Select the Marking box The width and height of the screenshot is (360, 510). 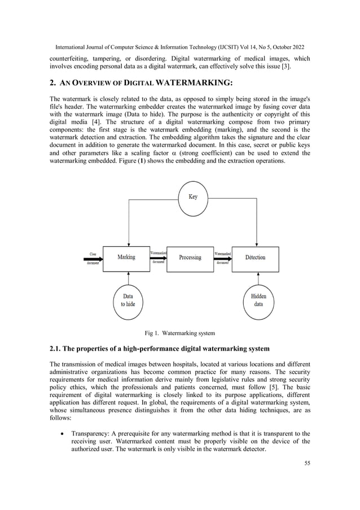click(126, 258)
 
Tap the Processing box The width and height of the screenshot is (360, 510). click(190, 258)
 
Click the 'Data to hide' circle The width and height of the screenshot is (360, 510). click(128, 299)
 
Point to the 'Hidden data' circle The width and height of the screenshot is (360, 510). click(258, 299)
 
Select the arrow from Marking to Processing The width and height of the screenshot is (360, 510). click(157, 258)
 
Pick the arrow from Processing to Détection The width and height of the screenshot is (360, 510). click(222, 258)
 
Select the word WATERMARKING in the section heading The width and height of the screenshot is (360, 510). click(190, 83)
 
